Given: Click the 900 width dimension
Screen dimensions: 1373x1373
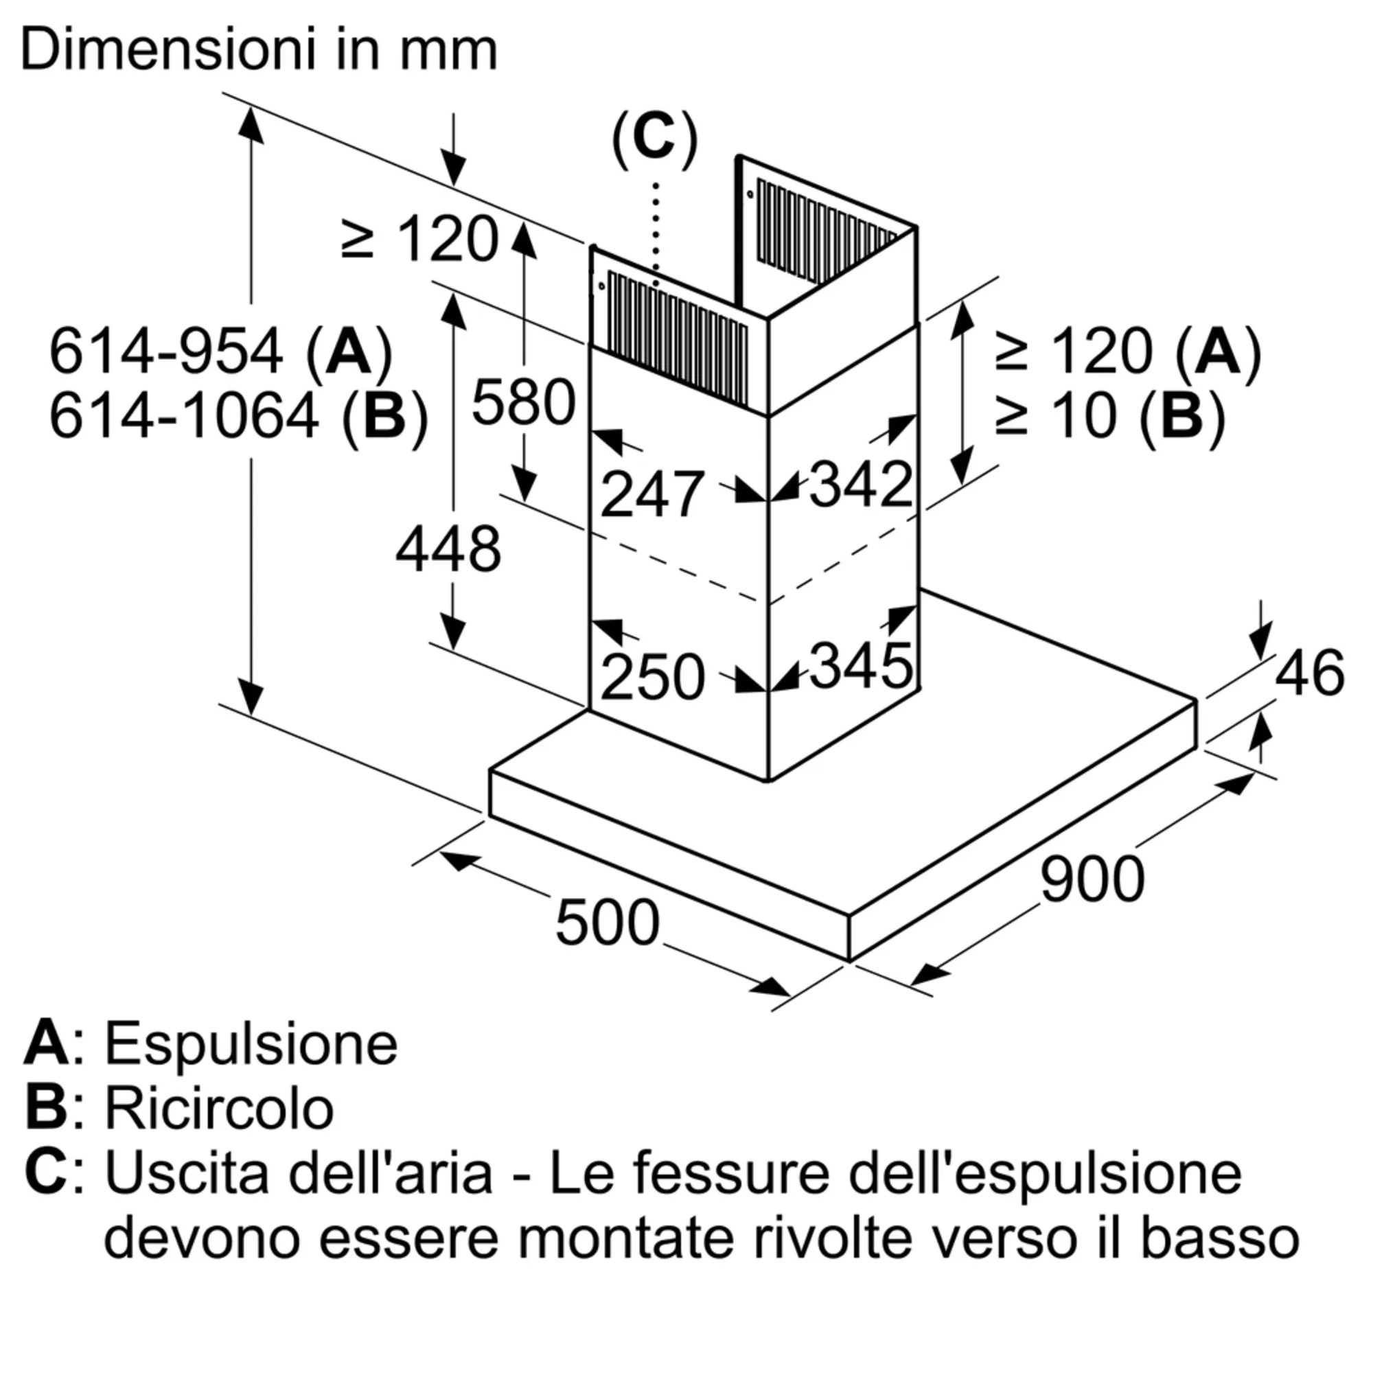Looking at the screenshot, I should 1092,880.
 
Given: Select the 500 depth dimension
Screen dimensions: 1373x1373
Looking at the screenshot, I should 607,923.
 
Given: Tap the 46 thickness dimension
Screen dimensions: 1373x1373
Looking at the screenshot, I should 1309,672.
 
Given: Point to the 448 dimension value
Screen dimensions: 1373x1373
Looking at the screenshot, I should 448,549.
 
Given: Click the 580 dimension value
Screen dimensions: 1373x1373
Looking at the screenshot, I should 523,402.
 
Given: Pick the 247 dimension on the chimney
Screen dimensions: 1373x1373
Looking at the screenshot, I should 651,494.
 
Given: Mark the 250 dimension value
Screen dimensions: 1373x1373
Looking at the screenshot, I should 651,678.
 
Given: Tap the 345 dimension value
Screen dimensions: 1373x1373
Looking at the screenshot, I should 861,666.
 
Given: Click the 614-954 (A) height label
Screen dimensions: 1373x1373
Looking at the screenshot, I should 220,351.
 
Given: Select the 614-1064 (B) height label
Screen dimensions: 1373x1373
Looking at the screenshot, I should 238,417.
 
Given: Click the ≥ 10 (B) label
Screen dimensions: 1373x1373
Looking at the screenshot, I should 1110,416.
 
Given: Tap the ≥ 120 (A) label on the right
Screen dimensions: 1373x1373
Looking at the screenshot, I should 1128,351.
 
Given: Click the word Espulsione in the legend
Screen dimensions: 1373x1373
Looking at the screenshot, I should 251,1044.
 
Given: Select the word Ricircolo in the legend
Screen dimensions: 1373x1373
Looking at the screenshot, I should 219,1109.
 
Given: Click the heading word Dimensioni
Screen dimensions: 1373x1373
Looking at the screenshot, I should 168,49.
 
